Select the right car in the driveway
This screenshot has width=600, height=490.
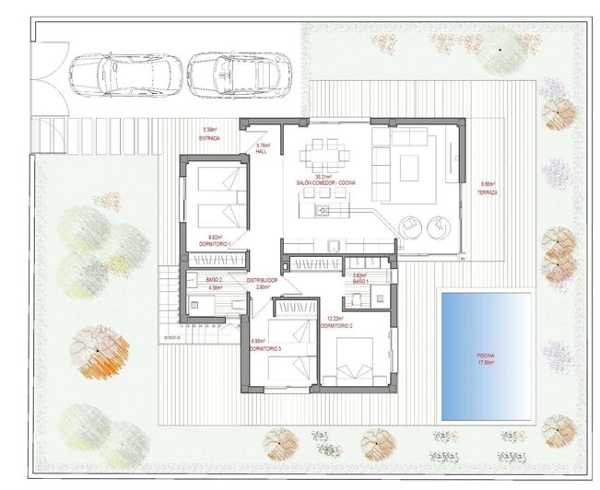(235, 68)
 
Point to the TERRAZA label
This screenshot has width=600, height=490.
(488, 192)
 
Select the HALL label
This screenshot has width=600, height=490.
(262, 151)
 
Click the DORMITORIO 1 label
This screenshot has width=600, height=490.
(216, 243)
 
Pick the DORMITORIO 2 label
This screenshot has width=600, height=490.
(336, 325)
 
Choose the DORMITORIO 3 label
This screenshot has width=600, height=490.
(266, 346)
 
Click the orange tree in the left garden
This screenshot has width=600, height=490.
(96, 355)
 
